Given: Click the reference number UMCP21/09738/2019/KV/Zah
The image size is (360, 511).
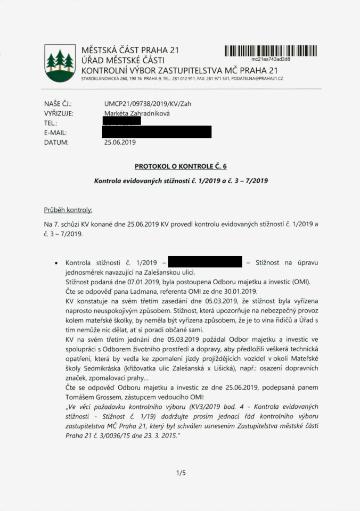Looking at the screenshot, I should point(148,104).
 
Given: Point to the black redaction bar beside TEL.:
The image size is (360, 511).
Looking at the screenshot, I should point(122,122).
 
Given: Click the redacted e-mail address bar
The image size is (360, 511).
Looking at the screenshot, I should point(158,132).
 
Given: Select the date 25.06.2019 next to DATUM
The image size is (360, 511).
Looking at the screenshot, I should point(120,142).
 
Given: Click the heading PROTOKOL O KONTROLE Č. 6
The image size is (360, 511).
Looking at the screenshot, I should point(181,166).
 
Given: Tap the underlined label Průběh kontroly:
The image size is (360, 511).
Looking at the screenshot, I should point(68,210).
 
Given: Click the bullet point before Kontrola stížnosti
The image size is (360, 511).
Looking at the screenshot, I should point(56,263).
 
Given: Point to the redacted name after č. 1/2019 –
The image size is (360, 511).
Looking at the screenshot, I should point(204,262).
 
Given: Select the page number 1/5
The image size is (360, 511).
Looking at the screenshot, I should point(180,473).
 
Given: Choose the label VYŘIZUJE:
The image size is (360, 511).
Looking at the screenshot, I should point(59,113).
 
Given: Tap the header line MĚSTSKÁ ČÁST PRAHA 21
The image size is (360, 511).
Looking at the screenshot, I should point(130,51).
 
